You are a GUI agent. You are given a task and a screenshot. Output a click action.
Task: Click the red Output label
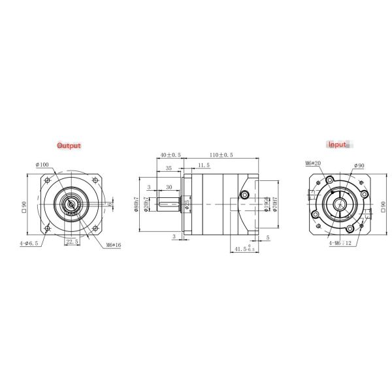pos(69,145)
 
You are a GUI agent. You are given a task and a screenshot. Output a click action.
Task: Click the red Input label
pos(338,144)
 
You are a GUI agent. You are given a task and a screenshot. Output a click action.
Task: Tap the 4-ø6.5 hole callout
pos(29,242)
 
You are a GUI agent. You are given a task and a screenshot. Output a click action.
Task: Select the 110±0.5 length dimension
pos(221,155)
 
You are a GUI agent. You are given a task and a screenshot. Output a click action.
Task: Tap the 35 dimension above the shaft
pos(169,168)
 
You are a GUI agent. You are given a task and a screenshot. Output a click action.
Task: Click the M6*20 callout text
pos(312,163)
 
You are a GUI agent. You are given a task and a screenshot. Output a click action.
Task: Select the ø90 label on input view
pos(359,166)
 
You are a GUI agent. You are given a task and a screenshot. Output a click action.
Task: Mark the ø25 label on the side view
pos(187,204)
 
